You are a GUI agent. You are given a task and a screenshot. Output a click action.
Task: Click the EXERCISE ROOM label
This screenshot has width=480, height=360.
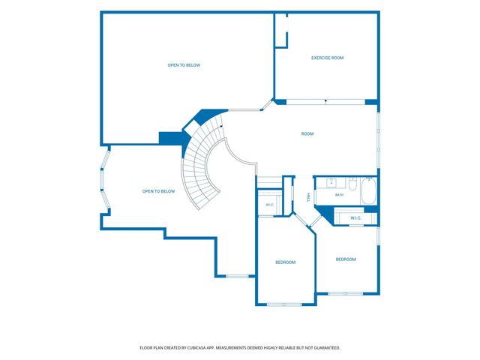tap(327, 58)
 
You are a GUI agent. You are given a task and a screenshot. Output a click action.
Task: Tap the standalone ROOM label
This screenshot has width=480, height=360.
tap(307, 133)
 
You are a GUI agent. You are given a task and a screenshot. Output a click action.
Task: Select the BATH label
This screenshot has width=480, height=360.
tap(339, 195)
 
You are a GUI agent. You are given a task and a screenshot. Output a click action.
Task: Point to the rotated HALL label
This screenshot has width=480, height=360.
tap(308, 197)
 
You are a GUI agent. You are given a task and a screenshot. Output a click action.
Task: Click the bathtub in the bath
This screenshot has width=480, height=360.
tap(368, 192)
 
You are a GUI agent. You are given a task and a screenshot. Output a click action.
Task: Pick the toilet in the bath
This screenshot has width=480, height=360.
tap(352, 184)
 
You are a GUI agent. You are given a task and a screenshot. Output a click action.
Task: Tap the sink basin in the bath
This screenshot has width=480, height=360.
tap(331, 183)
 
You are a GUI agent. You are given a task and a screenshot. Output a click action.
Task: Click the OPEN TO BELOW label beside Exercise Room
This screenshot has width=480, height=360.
tap(184, 65)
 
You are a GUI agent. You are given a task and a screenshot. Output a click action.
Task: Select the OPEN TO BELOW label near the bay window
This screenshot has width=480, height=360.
tap(158, 191)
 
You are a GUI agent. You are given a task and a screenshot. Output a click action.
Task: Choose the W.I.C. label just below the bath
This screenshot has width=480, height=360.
tap(355, 218)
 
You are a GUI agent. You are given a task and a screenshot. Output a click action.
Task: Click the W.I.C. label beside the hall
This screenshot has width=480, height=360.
tap(270, 205)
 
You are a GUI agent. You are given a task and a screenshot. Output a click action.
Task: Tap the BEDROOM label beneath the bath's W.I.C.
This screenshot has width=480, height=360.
tap(346, 259)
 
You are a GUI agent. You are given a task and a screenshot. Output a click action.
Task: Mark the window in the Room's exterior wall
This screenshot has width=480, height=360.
tap(378, 140)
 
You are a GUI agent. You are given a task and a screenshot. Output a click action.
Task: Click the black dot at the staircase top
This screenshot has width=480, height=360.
tap(221, 126)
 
